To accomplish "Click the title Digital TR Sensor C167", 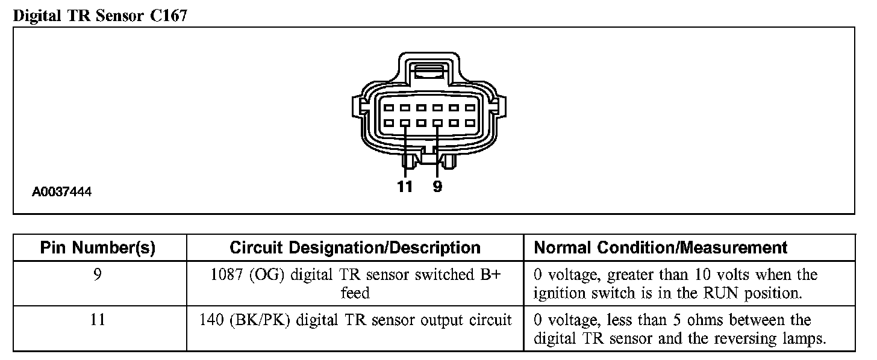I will [100, 15].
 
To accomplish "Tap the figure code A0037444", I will [62, 193].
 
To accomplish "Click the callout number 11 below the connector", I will [405, 187].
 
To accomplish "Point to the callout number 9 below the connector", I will [437, 187].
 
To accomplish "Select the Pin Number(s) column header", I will [98, 247].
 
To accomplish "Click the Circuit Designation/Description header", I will [355, 247].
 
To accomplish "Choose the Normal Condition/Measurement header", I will [661, 247].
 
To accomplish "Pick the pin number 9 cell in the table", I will [98, 275].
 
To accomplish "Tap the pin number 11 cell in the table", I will [98, 320].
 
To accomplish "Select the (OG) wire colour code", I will [263, 275].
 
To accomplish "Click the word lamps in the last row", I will [802, 338].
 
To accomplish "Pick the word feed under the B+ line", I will [355, 294].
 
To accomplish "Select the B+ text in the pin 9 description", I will [493, 275].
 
